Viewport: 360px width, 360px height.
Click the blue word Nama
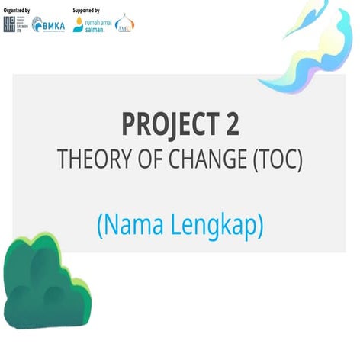point(131,225)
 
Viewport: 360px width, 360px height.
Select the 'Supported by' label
point(86,11)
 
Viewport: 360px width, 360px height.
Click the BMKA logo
point(48,24)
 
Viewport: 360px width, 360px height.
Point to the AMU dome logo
point(124,24)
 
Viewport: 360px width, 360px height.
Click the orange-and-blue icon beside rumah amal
point(78,24)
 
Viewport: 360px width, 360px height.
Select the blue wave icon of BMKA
point(37,24)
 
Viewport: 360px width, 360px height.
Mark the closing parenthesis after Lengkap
point(259,227)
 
